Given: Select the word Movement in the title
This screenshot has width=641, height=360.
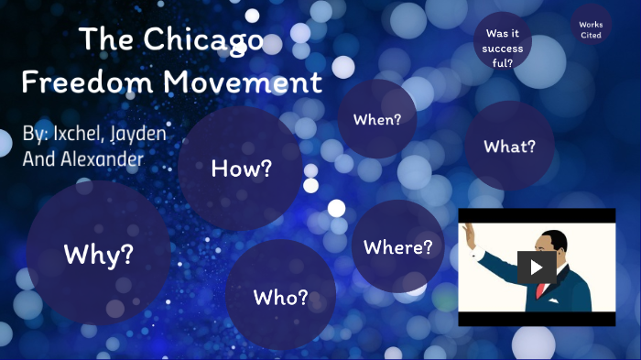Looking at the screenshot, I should pyautogui.click(x=244, y=82).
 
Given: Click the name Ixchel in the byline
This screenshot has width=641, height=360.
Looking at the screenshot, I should pyautogui.click(x=78, y=134).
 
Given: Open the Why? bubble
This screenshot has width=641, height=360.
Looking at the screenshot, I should pyautogui.click(x=98, y=254).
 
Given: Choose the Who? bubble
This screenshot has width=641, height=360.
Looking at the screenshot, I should pyautogui.click(x=280, y=297).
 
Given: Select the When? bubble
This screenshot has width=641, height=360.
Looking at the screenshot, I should pyautogui.click(x=377, y=119).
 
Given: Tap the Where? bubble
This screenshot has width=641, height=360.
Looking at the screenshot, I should pyautogui.click(x=397, y=247).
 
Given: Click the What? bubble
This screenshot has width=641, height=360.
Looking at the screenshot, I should pyautogui.click(x=509, y=146).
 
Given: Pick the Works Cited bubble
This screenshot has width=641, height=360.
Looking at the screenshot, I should pyautogui.click(x=591, y=29).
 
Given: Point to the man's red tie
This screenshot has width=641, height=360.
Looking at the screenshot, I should pyautogui.click(x=542, y=289).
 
